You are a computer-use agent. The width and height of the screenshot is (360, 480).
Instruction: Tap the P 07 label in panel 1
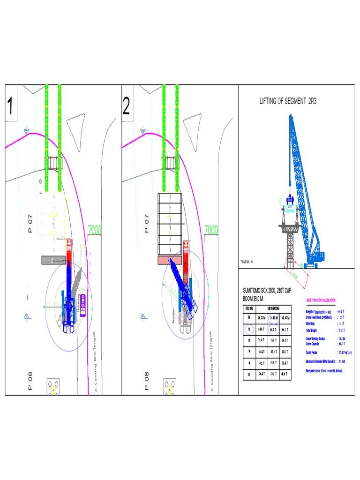[x=30, y=224]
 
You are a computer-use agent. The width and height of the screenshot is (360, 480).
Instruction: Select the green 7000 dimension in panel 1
[x=95, y=230]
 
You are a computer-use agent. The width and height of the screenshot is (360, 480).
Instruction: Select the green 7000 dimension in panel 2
[x=211, y=230]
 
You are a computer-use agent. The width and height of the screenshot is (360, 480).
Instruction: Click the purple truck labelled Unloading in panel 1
[x=83, y=305]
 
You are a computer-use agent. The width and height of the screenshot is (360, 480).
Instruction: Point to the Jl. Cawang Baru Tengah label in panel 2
[x=212, y=361]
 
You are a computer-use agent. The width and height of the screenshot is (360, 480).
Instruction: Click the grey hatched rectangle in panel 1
[x=52, y=260]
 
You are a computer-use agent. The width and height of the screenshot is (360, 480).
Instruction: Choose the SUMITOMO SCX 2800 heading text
[x=268, y=291]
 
